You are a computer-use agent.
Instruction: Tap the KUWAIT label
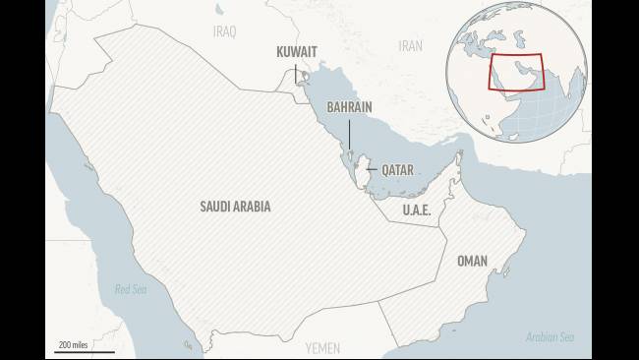click(296, 50)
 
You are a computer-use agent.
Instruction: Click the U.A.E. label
click(418, 210)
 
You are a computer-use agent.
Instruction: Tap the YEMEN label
click(322, 347)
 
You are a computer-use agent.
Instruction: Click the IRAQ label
click(225, 31)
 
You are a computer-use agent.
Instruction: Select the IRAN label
click(410, 45)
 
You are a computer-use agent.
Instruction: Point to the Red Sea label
click(130, 289)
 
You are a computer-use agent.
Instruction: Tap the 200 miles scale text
click(74, 344)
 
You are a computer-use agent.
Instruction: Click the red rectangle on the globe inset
click(516, 70)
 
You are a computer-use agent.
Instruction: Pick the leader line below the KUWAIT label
click(296, 71)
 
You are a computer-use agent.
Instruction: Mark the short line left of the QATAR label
click(371, 169)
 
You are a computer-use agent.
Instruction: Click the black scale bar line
click(85, 351)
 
